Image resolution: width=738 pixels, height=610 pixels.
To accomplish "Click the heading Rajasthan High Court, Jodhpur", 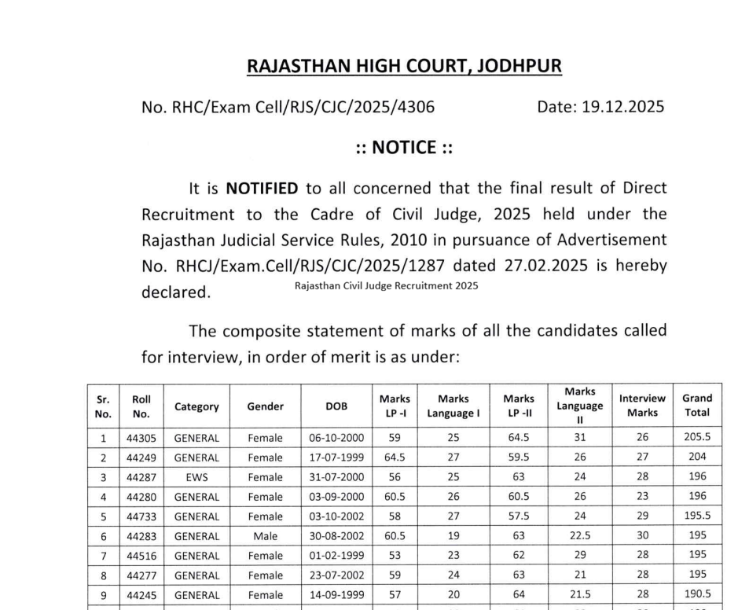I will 404,66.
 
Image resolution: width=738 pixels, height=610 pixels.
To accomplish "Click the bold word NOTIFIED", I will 262,188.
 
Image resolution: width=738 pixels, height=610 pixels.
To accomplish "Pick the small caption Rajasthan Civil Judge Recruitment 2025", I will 386,285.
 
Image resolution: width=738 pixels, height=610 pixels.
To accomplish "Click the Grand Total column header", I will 697,406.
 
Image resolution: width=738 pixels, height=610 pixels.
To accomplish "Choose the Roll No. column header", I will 141,406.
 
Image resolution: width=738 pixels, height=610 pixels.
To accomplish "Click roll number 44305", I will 141,437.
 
